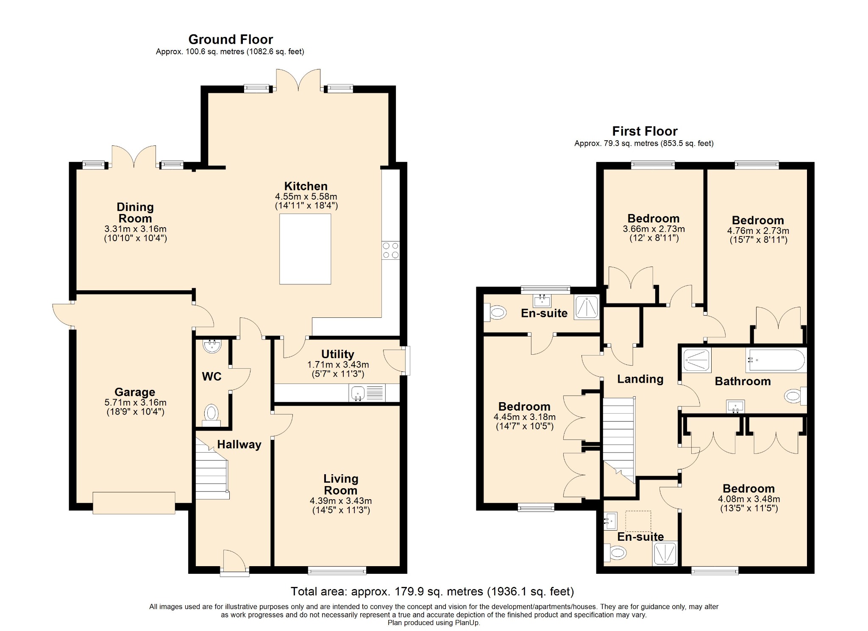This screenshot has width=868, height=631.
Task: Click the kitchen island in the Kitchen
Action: [305, 249]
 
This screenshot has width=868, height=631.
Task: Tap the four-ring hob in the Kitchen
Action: [390, 250]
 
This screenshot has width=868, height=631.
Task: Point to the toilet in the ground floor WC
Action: [211, 415]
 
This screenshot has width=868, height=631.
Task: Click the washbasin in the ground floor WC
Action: [212, 346]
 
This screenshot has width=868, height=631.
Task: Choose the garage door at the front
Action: [134, 503]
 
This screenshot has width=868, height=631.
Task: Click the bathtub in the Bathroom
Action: [776, 360]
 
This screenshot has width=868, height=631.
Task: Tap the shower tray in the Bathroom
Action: [696, 360]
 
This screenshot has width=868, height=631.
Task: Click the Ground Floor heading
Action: [231, 39]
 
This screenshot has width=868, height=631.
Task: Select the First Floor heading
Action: [645, 131]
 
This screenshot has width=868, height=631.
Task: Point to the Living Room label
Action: [341, 484]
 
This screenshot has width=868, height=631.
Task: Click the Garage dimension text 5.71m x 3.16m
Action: [135, 402]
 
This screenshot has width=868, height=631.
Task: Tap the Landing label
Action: [640, 379]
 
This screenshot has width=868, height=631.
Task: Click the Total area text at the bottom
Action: [432, 591]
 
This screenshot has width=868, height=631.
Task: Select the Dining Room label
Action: [135, 213]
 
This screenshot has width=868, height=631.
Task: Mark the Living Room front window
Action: [337, 570]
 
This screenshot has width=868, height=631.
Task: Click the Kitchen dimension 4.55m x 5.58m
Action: [306, 196]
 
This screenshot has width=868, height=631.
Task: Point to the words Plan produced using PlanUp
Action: [434, 623]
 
